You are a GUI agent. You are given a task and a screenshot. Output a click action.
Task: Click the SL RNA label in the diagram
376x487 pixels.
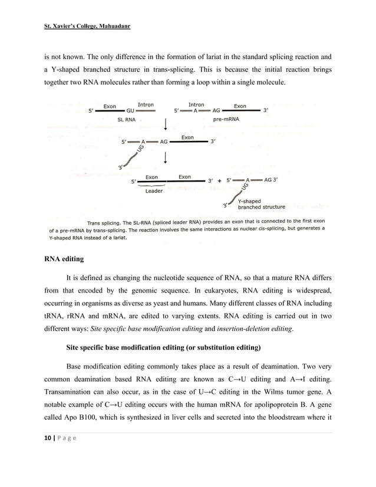pos(127,119)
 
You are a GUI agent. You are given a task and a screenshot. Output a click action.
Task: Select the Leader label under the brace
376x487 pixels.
pos(154,190)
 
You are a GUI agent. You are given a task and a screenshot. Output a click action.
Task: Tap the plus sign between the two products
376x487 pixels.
pos(219,181)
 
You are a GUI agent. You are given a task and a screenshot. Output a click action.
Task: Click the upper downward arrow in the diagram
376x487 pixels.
pos(167,124)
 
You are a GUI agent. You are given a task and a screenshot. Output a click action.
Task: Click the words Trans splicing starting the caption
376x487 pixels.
pos(105,223)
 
